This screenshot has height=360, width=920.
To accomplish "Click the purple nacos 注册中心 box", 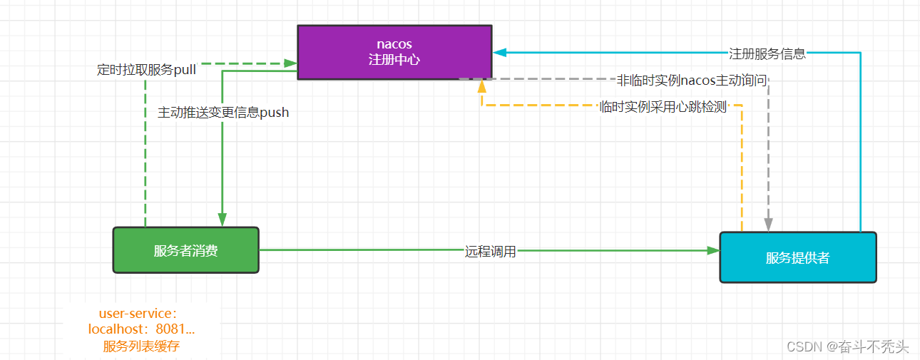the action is click(394, 52).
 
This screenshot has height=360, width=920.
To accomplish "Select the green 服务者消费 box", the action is click(186, 250).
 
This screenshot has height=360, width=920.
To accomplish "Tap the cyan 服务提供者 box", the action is click(798, 257).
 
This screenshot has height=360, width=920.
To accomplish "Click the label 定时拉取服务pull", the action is click(146, 69).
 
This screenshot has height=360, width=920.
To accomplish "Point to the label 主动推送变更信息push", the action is click(223, 112).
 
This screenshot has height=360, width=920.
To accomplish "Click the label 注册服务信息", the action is click(767, 53).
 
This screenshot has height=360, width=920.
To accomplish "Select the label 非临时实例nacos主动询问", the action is click(692, 80).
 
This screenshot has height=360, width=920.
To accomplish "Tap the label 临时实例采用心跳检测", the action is click(663, 107).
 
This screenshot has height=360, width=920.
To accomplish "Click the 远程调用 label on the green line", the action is click(491, 251).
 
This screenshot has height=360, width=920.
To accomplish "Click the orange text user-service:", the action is click(138, 313).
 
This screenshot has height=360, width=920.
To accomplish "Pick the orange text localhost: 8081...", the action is click(141, 329).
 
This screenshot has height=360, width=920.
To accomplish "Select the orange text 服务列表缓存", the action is click(141, 346).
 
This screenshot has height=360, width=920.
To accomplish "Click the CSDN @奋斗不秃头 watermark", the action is click(847, 347).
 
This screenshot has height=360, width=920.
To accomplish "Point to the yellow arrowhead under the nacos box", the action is click(482, 86).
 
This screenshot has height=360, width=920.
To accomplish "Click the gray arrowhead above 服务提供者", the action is click(768, 225).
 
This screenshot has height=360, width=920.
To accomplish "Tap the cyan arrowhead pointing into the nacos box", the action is click(500, 53).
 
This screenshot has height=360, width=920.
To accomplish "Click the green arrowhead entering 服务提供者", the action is click(713, 250).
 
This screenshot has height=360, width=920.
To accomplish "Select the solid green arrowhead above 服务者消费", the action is click(223, 220).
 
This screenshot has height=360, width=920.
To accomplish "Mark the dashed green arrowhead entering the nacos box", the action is click(290, 63).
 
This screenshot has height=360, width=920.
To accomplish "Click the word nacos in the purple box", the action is click(394, 44).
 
